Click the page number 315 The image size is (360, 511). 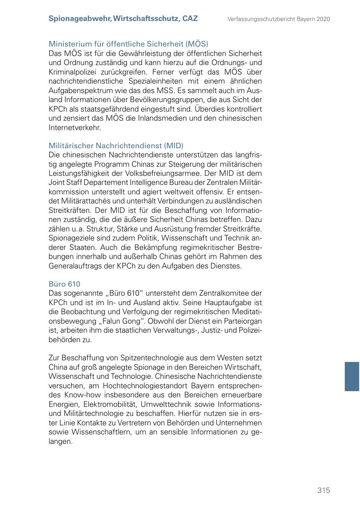pos(323,490)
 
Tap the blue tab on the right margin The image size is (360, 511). pos(352,376)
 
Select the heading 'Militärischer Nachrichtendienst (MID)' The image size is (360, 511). pos(116,146)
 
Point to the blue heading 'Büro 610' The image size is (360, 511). pos(64,284)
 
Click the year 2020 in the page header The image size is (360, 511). pos(323,19)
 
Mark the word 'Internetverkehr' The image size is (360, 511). pos(74,128)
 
